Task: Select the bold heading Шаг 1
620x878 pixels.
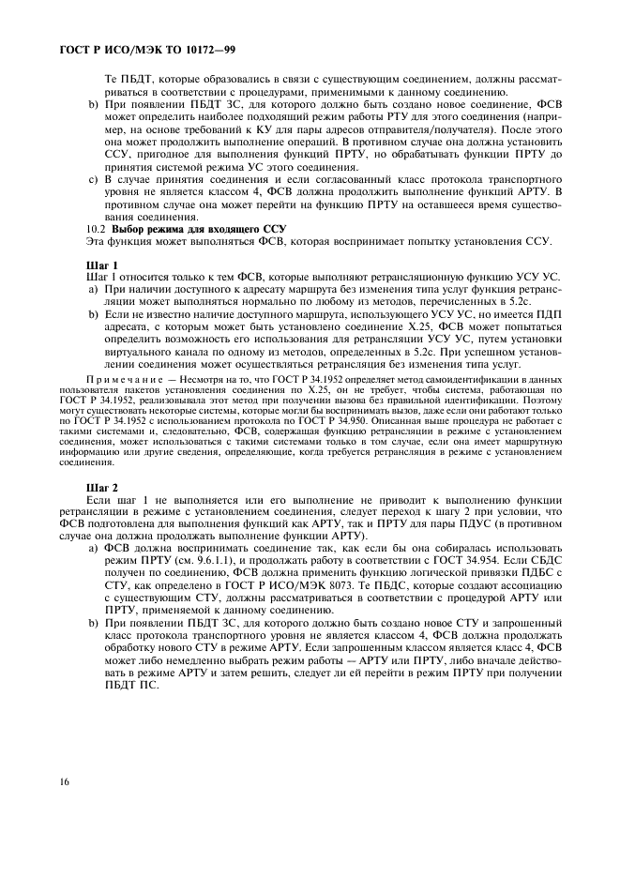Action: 99,266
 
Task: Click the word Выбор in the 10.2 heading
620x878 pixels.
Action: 131,229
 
